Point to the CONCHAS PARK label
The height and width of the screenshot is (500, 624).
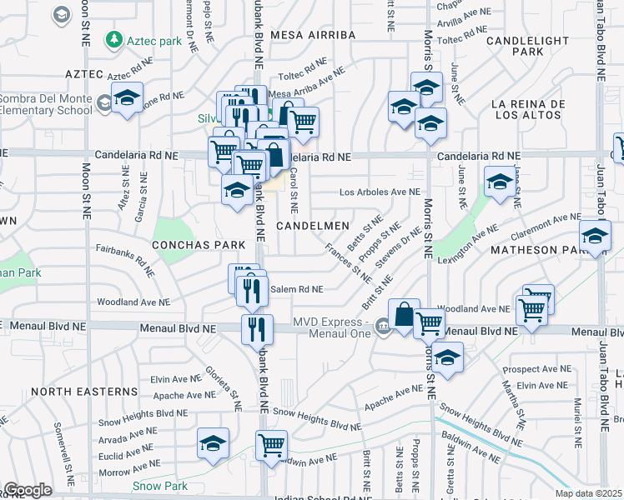199,245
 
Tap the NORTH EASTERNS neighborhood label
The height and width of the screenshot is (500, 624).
84,391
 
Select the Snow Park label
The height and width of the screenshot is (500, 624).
159,485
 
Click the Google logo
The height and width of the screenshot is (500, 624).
28,490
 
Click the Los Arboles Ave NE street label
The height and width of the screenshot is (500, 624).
380,192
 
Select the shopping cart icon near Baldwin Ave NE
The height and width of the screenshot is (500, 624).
271,446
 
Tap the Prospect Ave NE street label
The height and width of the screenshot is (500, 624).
543,368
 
